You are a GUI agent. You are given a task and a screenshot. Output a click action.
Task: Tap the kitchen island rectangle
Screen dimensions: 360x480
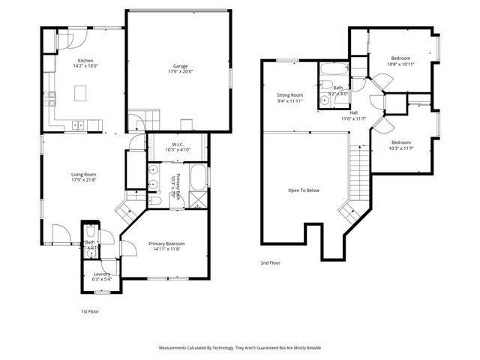[x=82, y=93]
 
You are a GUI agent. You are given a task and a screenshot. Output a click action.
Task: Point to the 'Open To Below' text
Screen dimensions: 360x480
[x=304, y=190]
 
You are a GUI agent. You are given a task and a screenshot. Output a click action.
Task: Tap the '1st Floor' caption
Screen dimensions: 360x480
[x=90, y=310]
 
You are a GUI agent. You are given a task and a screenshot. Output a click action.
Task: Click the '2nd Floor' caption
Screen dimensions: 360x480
[x=269, y=263]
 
